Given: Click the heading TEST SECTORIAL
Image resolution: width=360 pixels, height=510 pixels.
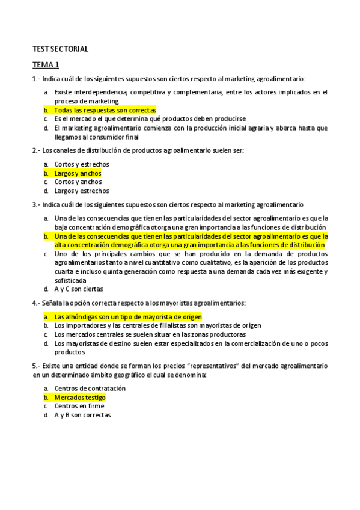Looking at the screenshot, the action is coord(60,49).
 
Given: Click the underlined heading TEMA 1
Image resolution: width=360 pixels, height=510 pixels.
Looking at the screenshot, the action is coord(46,64).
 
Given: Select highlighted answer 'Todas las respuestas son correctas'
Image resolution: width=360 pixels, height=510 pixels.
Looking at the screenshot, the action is coord(105,111).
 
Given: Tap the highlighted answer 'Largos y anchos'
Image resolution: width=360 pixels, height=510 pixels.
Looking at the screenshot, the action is coord(78,173).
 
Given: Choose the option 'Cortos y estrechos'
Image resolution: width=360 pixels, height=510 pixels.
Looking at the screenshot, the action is coord(82,164).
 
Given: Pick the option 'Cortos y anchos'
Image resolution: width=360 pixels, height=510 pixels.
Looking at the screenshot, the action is coord(78,182).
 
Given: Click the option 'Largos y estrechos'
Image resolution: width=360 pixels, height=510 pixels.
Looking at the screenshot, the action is coord(82,191).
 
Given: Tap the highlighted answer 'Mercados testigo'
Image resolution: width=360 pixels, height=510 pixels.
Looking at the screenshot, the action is coord(79,398).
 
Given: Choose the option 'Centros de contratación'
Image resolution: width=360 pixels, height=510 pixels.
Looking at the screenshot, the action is coord(90,389).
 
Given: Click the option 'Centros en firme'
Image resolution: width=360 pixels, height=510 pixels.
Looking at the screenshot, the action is coord(79,406).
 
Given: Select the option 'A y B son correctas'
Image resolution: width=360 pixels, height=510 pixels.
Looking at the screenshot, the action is coord(82,415).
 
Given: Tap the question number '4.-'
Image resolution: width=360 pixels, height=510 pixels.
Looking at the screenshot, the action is coord(36,303).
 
